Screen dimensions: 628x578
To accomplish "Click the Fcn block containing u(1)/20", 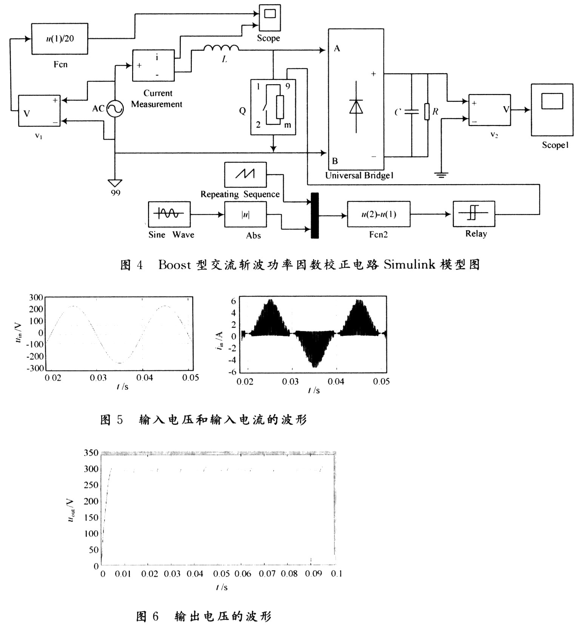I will click(59, 38).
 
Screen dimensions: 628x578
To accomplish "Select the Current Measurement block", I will click(153, 65).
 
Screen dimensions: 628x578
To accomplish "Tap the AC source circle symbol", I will click(114, 109).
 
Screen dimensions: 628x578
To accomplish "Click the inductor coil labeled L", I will click(221, 48).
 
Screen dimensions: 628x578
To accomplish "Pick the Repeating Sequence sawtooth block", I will click(245, 174).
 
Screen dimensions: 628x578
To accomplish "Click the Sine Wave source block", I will click(169, 214).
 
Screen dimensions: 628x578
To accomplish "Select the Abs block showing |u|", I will click(245, 214).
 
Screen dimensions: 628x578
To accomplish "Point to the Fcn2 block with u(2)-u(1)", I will click(378, 214).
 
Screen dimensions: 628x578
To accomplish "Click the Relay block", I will click(473, 214).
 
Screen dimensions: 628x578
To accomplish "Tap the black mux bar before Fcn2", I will click(314, 215).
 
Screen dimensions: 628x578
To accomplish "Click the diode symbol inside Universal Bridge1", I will click(356, 106).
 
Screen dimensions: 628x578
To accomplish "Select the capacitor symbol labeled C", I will click(411, 112).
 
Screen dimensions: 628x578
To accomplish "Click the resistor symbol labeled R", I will click(427, 112).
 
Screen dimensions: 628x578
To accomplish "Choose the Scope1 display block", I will click(552, 109).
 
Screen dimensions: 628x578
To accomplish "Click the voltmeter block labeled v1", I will click(39, 111).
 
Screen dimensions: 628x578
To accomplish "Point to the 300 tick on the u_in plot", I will click(36, 297).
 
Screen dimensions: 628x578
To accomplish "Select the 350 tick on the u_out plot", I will click(91, 453).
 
